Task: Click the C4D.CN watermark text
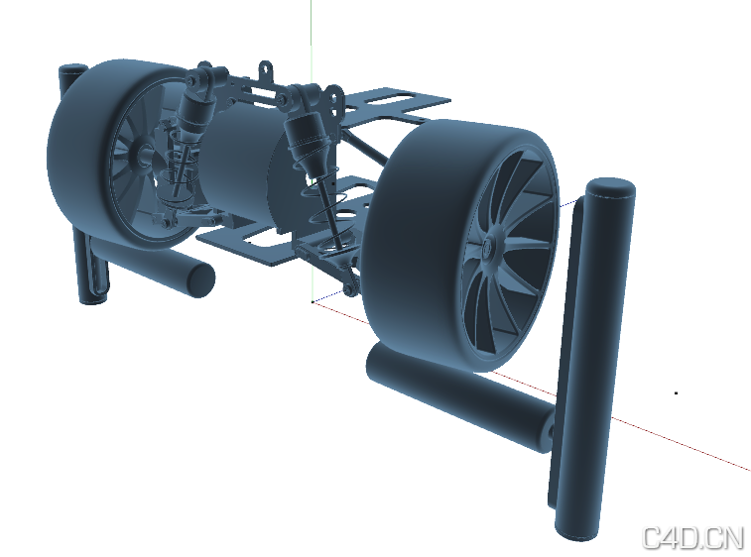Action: (x=692, y=537)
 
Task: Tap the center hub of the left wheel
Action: (x=142, y=155)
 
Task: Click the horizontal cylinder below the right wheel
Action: (x=456, y=396)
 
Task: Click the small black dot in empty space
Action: (x=676, y=393)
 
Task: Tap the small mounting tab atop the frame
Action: (x=266, y=71)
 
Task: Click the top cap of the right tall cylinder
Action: (x=610, y=188)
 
